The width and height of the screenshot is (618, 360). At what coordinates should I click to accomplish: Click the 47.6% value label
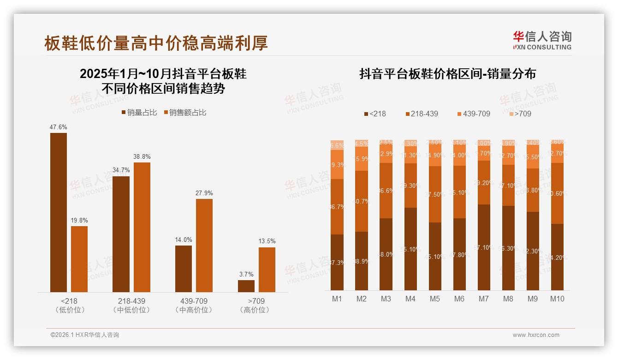tap(58, 127)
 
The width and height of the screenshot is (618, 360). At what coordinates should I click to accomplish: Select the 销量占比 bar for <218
tap(59, 212)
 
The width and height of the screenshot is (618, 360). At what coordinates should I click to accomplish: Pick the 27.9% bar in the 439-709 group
tap(204, 245)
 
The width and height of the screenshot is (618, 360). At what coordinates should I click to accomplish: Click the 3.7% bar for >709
tap(246, 286)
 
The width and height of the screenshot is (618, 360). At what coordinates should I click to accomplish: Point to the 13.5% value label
tap(267, 241)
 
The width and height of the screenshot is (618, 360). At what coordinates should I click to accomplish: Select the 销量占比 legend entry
tap(139, 113)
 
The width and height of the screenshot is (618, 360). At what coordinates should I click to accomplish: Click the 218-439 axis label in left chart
tap(131, 301)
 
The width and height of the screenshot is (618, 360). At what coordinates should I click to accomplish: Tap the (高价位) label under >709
tap(255, 310)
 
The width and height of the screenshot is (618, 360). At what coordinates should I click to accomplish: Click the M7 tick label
tap(483, 299)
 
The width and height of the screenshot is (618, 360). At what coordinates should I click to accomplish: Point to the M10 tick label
tap(557, 299)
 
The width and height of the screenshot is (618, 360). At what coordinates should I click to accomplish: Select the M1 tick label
tap(337, 299)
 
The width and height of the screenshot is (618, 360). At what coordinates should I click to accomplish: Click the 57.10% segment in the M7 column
tap(484, 247)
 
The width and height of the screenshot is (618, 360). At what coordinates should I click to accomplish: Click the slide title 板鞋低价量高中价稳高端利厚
tap(156, 43)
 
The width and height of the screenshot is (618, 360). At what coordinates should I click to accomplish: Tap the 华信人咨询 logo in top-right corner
tap(542, 40)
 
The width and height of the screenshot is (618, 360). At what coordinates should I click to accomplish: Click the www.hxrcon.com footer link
tap(536, 335)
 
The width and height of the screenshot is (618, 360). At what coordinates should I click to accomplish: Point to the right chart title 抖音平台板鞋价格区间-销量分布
tap(447, 74)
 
